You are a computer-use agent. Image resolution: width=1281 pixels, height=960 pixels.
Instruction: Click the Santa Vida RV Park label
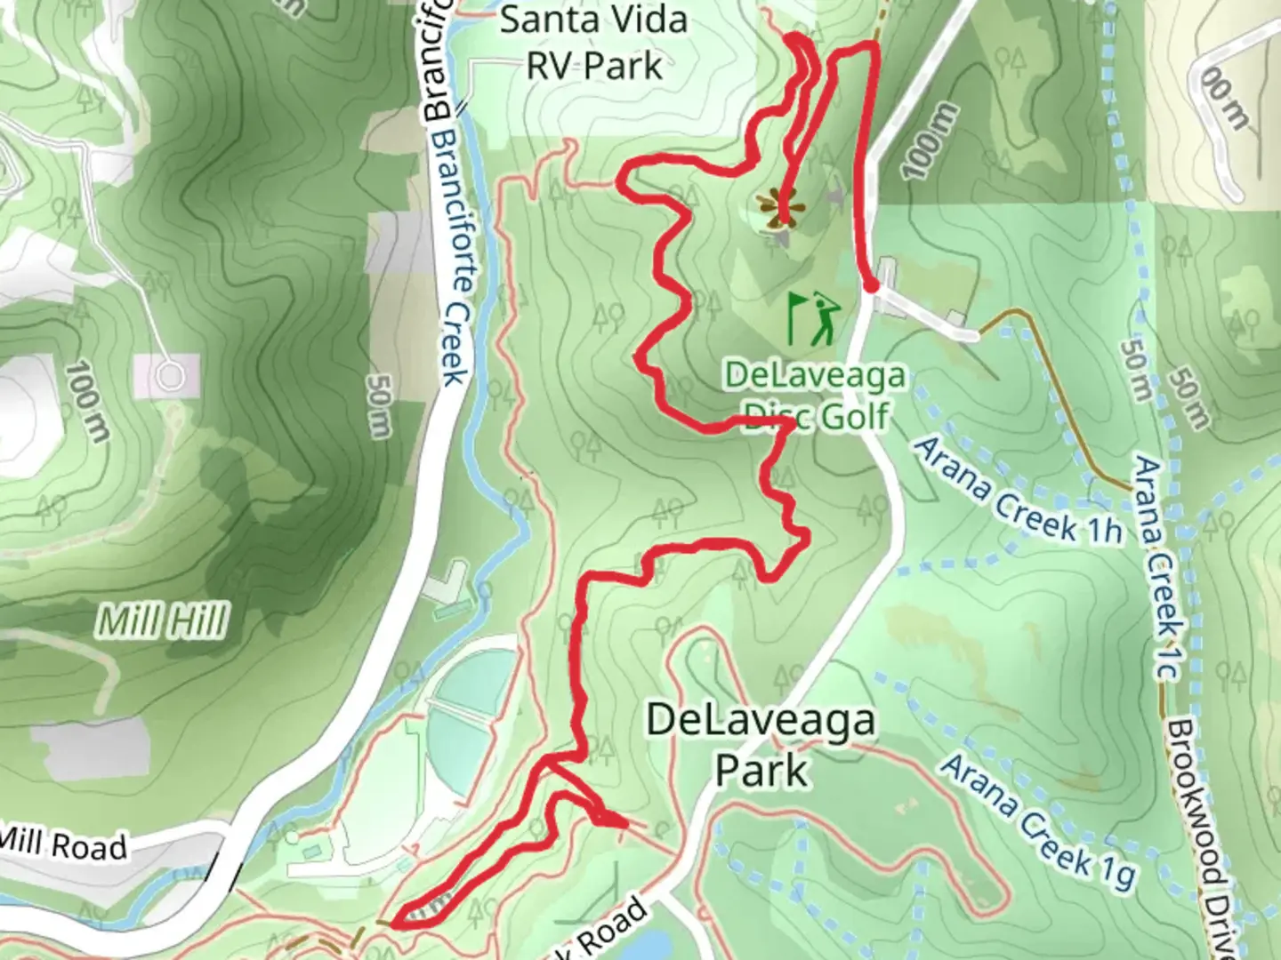tap(594, 43)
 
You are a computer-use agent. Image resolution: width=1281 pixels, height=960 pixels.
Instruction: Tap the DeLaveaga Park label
tap(761, 745)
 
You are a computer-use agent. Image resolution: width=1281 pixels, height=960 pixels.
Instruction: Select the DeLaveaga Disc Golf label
tap(815, 395)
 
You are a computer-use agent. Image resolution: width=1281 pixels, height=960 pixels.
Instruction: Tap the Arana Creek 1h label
tap(1018, 491)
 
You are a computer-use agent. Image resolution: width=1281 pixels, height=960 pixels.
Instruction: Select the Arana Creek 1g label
tap(1039, 821)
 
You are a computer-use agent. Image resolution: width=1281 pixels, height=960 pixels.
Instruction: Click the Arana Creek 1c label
tap(1158, 569)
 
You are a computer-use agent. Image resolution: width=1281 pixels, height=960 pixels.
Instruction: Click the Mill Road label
tap(64, 843)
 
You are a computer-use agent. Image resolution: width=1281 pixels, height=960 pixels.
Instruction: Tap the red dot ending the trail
tap(872, 285)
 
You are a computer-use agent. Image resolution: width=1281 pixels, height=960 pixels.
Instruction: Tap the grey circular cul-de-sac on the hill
tap(171, 377)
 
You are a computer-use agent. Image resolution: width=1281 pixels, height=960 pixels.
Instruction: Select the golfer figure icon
tap(826, 318)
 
